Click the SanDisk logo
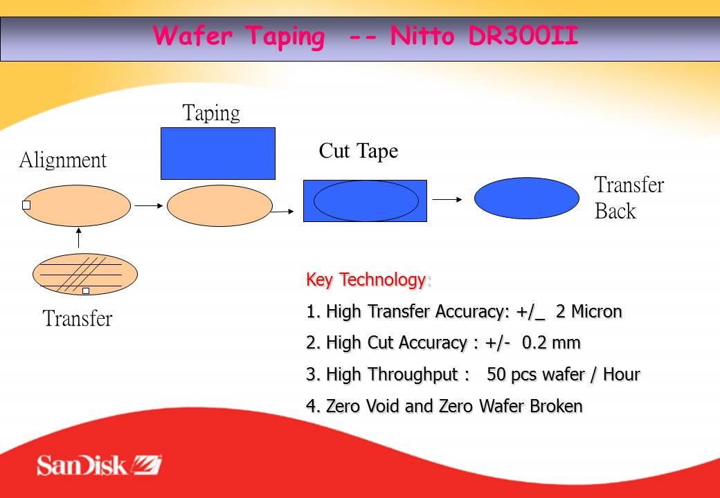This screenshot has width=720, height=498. [x=99, y=465]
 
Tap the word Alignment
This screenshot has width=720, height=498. [x=63, y=160]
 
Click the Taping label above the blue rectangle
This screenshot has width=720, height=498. [x=211, y=113]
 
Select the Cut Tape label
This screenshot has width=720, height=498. [x=358, y=151]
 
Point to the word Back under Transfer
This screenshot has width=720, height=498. [x=615, y=211]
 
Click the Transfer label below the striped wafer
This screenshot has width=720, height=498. [x=78, y=318]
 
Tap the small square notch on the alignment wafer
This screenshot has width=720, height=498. [x=26, y=205]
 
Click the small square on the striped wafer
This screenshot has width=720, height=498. [x=86, y=290]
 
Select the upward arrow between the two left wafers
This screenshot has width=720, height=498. [x=78, y=238]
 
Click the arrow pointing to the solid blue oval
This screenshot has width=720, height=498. [x=447, y=199]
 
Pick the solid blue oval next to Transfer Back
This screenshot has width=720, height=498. [x=527, y=198]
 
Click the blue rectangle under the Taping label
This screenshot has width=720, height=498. [x=218, y=154]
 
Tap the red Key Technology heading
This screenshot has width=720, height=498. [x=366, y=279]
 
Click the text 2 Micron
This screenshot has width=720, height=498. [x=588, y=312]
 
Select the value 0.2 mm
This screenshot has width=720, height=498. [x=551, y=343]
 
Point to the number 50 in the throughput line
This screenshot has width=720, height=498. [x=496, y=375]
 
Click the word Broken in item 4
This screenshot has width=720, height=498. [x=556, y=406]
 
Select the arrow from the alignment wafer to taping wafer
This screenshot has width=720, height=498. [x=150, y=206]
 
